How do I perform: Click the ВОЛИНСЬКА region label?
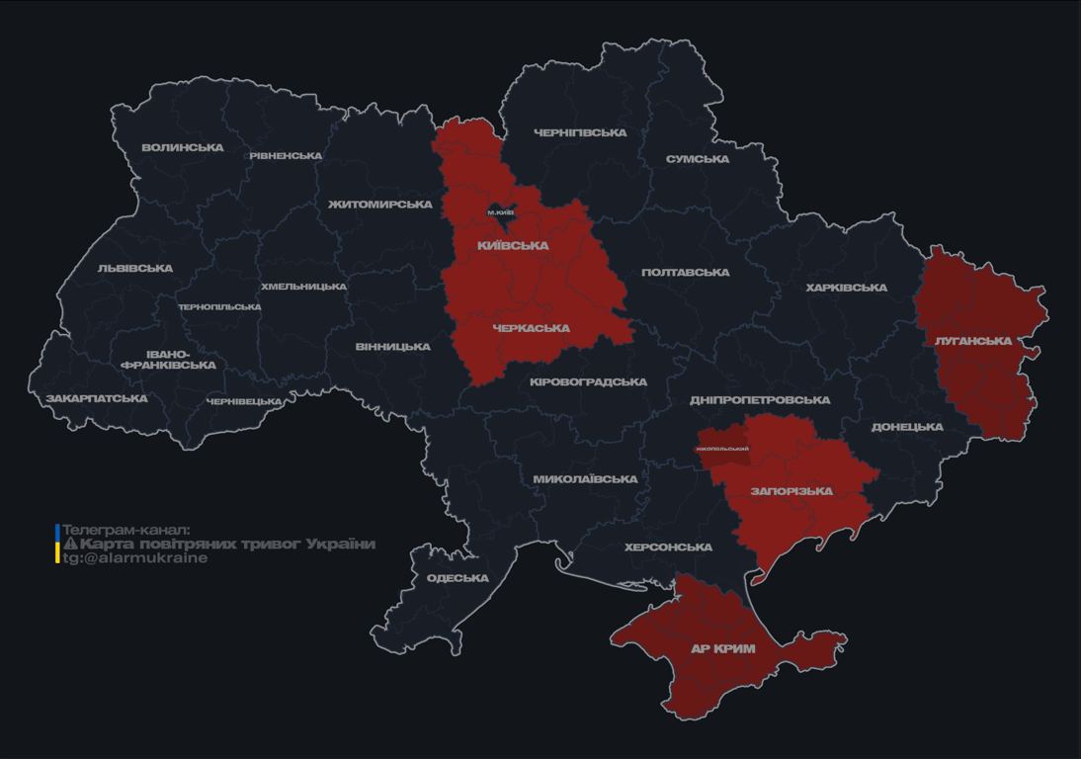click(x=183, y=148)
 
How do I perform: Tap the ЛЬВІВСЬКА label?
click(x=135, y=269)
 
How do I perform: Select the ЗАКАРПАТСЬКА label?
click(x=97, y=399)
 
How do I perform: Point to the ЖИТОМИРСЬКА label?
click(x=380, y=205)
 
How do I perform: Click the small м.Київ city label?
click(x=501, y=212)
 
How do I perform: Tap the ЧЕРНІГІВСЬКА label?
click(x=580, y=133)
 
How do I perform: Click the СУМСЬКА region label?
click(x=698, y=159)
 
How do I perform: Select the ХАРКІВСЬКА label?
click(x=846, y=288)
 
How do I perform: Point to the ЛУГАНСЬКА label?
click(x=973, y=341)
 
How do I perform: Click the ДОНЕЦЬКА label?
click(x=907, y=427)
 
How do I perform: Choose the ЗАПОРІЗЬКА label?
click(x=791, y=491)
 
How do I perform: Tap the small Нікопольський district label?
click(x=722, y=449)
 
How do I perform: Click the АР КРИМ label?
click(x=723, y=649)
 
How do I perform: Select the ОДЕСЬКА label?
click(x=457, y=578)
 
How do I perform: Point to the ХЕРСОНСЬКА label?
click(x=668, y=548)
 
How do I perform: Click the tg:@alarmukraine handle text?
click(x=135, y=558)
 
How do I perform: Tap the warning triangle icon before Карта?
click(x=70, y=545)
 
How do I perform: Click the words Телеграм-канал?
click(x=125, y=530)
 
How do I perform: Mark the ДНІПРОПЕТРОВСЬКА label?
click(x=760, y=400)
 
